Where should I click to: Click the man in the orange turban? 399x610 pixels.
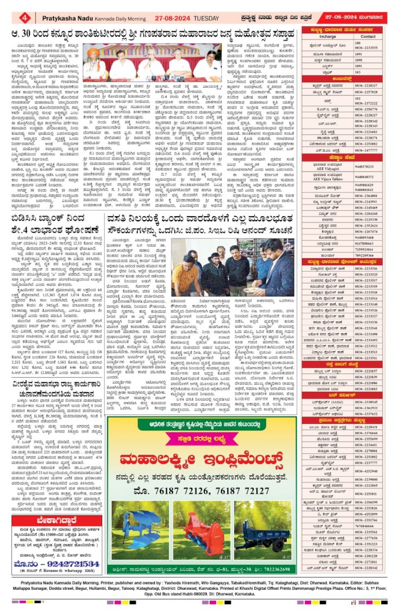(94, 63)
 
